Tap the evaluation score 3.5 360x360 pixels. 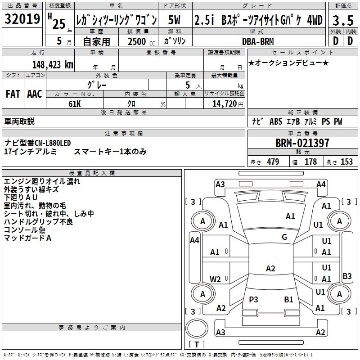342,21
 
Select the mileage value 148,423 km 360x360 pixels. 53,64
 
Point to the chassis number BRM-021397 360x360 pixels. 302,144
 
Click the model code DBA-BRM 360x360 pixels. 257,40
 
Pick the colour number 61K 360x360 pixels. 74,103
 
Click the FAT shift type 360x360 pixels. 13,94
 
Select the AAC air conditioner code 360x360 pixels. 35,94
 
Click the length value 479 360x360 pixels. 273,162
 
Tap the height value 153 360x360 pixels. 346,162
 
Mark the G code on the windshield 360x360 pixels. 284,237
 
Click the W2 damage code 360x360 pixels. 216,279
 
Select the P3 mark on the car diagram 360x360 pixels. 254,299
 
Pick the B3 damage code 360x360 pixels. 347,276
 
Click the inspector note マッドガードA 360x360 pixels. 28,238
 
